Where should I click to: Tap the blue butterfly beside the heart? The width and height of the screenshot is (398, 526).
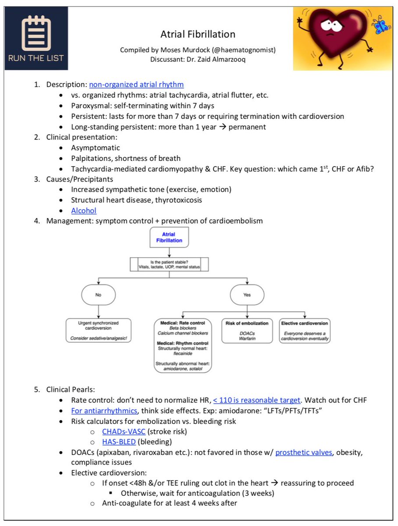point(380,25)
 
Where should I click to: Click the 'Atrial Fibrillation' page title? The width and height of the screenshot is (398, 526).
point(197,34)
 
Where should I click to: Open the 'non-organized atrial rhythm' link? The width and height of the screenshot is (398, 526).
point(137,84)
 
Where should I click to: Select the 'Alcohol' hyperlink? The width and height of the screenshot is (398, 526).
point(84,210)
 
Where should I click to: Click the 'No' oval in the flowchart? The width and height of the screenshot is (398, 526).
point(99,295)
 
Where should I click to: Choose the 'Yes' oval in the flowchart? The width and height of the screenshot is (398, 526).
point(247,295)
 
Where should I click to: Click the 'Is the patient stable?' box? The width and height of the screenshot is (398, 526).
point(169,264)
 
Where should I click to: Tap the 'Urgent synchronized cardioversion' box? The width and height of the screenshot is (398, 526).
point(99,330)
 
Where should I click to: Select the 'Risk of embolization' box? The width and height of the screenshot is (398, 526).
point(247,331)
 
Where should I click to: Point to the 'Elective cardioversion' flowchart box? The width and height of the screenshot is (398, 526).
point(305,331)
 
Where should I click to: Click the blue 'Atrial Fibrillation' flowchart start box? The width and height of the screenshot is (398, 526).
point(169,237)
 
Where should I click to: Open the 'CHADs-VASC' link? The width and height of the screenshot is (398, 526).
point(124,431)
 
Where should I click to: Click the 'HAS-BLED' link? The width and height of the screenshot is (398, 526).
point(119,442)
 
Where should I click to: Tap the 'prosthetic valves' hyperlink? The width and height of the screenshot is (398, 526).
point(304,452)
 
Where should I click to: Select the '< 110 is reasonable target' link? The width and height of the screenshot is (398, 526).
point(257,400)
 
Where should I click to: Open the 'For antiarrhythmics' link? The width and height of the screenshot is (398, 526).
point(104,410)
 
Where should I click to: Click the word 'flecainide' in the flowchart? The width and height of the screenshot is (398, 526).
point(183,353)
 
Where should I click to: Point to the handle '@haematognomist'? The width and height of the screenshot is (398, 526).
point(243,50)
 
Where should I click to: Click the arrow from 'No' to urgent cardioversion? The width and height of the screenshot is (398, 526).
point(99,312)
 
